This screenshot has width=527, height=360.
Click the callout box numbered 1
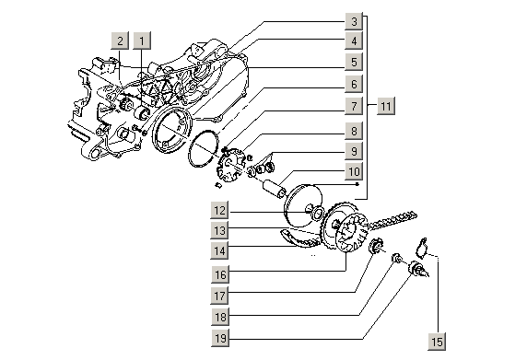click(142, 41)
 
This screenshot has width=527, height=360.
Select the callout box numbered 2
click(120, 41)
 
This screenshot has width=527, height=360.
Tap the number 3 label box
click(354, 21)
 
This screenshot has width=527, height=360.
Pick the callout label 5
click(354, 62)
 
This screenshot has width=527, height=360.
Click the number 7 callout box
click(354, 106)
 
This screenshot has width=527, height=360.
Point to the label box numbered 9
click(354, 151)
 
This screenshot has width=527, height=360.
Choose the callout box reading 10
click(354, 172)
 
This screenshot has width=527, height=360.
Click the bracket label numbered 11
click(385, 106)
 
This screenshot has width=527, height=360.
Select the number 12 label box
click(220, 211)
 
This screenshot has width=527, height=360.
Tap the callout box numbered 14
click(220, 250)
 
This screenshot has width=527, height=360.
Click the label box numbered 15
click(437, 342)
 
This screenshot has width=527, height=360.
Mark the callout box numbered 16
click(220, 275)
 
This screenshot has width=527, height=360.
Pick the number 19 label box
click(220, 338)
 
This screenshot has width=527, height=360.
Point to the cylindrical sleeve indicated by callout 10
click(275, 189)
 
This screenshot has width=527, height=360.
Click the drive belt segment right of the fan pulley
click(392, 221)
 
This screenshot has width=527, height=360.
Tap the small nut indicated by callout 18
click(397, 258)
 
